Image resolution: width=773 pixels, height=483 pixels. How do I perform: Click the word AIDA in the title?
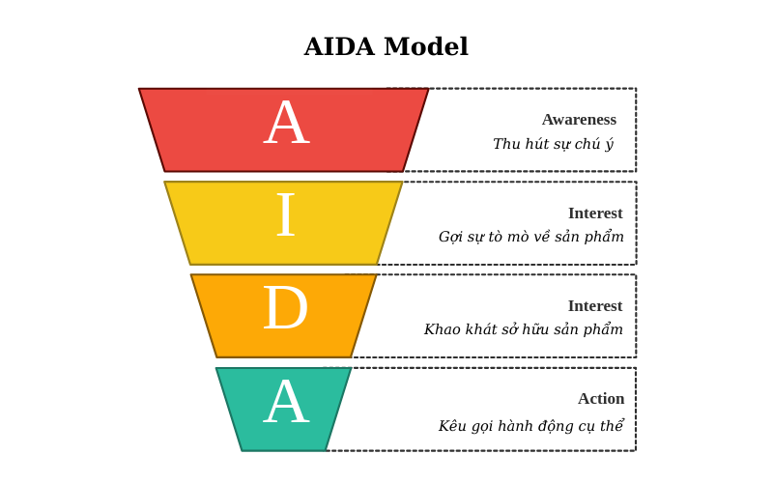click(339, 47)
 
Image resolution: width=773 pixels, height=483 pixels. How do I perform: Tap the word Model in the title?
click(426, 47)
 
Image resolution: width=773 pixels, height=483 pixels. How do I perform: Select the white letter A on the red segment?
click(286, 125)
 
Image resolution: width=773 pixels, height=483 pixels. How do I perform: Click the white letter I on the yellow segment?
click(285, 216)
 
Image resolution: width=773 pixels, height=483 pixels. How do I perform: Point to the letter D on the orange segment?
click(285, 309)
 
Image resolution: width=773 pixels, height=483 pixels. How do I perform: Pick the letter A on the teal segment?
click(286, 403)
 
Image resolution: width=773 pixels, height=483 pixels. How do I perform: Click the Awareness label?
click(579, 120)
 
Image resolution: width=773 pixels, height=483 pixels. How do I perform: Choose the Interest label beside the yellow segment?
click(595, 213)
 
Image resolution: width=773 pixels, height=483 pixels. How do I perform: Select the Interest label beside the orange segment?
click(595, 306)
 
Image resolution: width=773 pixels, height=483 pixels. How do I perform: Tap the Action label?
click(601, 399)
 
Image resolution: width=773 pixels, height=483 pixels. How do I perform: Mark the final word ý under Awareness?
click(609, 145)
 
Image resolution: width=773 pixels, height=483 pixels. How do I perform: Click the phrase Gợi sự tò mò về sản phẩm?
click(530, 237)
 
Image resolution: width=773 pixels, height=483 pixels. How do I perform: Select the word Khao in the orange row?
click(443, 329)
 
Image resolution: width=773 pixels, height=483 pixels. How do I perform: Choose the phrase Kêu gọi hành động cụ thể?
click(530, 426)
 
